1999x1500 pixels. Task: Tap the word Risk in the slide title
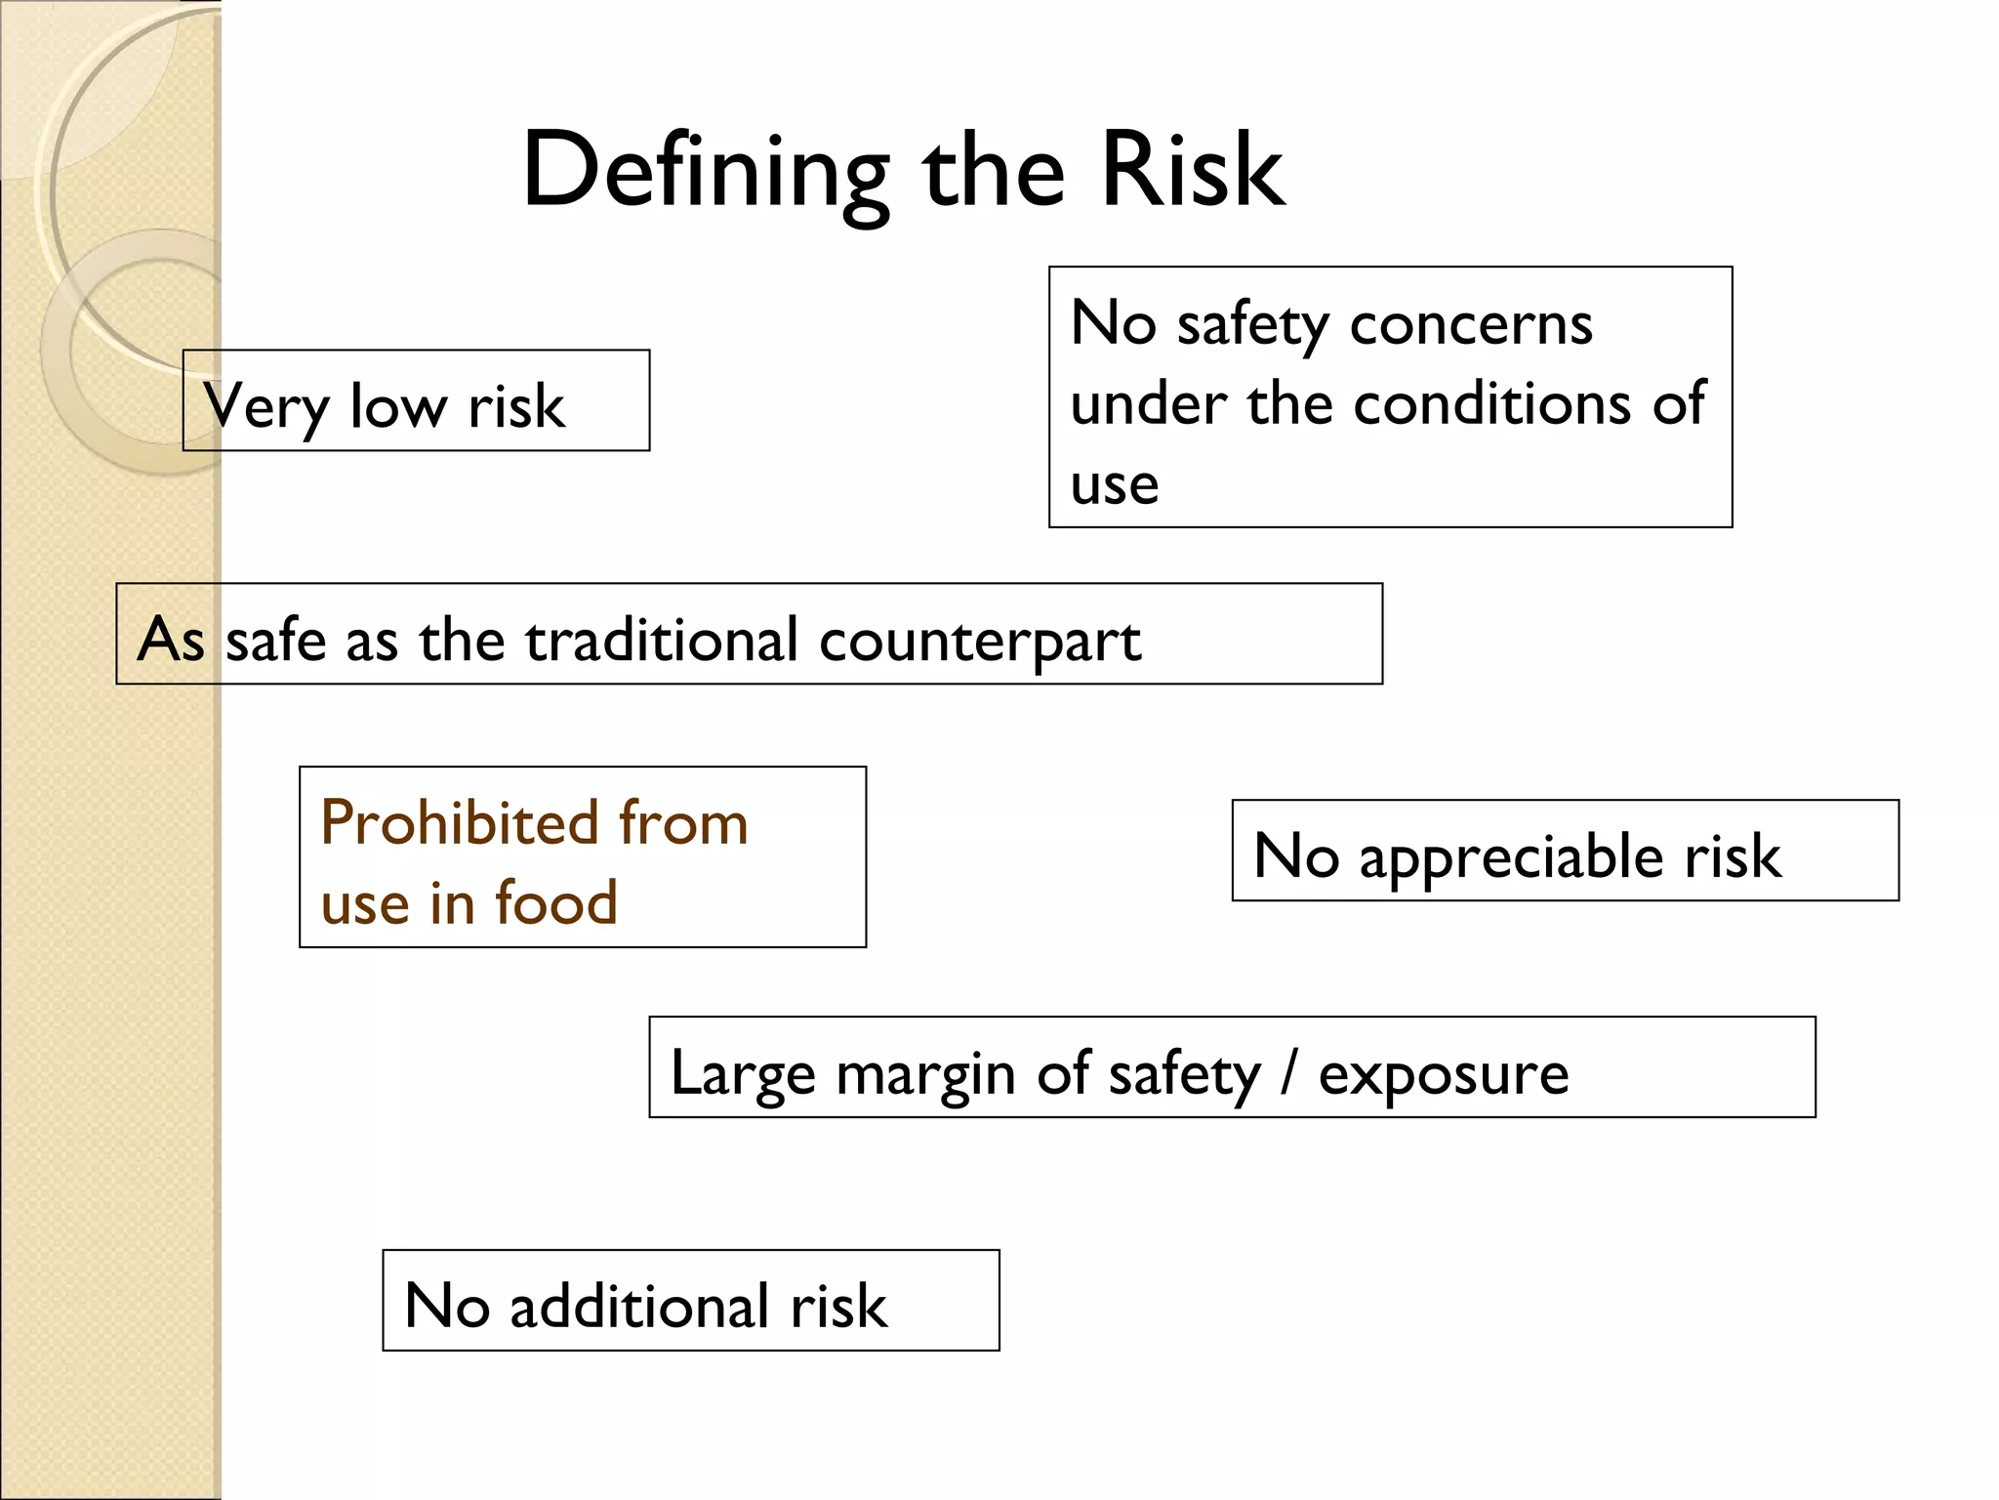click(x=1193, y=171)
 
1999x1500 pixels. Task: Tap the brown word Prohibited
click(x=459, y=822)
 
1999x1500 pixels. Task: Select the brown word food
click(x=556, y=901)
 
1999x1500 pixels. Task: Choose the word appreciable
click(x=1512, y=857)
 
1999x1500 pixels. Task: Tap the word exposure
click(x=1444, y=1074)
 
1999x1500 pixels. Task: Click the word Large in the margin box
click(x=742, y=1074)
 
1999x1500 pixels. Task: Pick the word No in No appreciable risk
click(x=1295, y=855)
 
